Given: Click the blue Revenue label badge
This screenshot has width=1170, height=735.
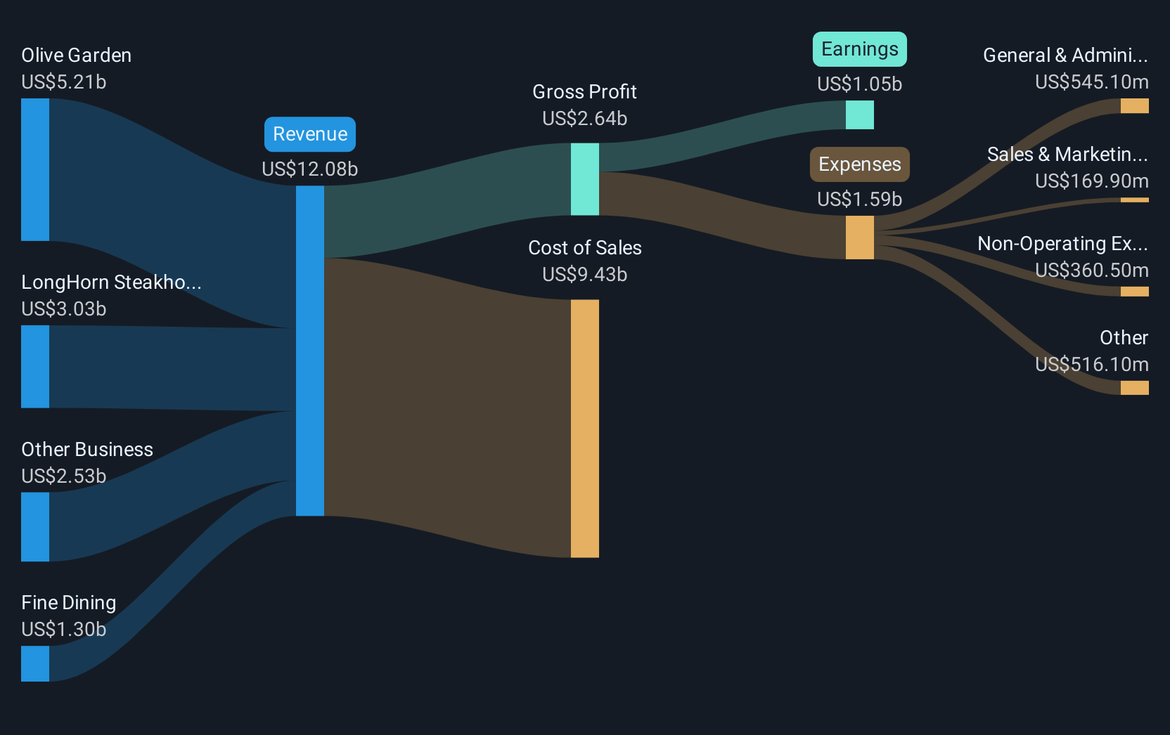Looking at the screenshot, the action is (x=310, y=134).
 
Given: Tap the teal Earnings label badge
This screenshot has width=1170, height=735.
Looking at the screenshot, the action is (x=860, y=49).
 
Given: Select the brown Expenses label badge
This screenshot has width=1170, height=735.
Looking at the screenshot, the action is (x=860, y=164).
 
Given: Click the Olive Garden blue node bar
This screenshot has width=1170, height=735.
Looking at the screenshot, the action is (x=35, y=169).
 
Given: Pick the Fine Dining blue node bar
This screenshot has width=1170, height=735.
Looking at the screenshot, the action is (x=35, y=663).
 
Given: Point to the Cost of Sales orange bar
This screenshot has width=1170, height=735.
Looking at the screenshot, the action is (x=585, y=429).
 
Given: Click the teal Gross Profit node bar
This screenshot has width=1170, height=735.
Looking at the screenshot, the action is (x=585, y=179).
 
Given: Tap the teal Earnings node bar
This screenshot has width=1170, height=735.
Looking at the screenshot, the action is (x=860, y=115).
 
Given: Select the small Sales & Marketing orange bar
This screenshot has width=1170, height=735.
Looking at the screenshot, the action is (x=1134, y=200).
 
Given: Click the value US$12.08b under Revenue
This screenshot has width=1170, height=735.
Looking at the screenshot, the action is (x=310, y=169).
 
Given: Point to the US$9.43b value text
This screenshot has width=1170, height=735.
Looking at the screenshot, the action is (x=585, y=275).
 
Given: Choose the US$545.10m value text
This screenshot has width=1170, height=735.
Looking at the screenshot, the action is (x=1092, y=82).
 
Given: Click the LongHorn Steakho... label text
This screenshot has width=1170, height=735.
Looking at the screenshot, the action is (x=111, y=282).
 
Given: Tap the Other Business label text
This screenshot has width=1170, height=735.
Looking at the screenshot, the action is (x=87, y=450).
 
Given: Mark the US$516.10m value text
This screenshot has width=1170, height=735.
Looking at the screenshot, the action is (x=1092, y=365).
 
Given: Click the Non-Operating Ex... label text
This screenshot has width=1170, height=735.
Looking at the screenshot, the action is (x=1063, y=244).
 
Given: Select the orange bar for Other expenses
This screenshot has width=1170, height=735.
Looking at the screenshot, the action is (x=1134, y=388).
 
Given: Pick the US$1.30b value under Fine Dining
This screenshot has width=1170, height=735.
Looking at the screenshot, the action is (x=64, y=630).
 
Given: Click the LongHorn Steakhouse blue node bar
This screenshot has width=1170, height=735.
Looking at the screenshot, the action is (x=35, y=367).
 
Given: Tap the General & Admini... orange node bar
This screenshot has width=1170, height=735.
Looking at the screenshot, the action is (x=1134, y=106).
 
